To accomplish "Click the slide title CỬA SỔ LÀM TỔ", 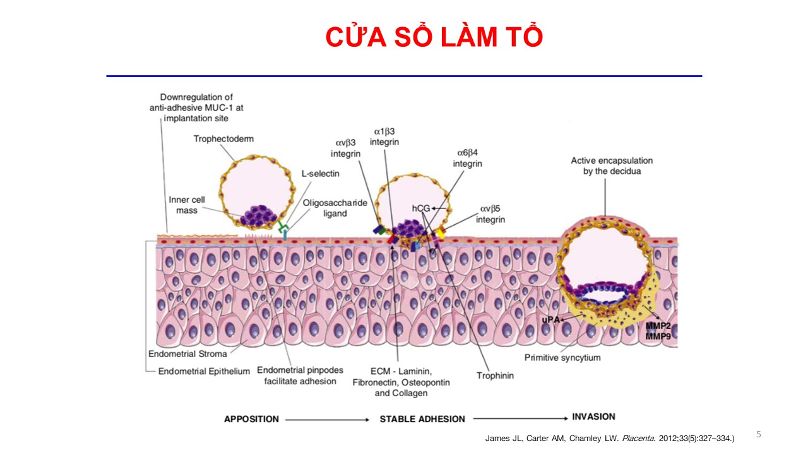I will tap(434, 38).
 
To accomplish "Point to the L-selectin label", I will tap(321, 173).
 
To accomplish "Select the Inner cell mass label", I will tap(186, 205).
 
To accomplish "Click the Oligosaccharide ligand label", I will tap(335, 208).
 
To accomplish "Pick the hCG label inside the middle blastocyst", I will tap(421, 208).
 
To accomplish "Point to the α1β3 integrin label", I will tap(384, 136).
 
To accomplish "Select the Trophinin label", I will tap(495, 375).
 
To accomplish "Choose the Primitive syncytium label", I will tap(562, 358).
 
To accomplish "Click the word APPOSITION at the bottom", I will tap(251, 419).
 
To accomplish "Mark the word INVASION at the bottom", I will tap(593, 417).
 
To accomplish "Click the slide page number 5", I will tap(759, 434).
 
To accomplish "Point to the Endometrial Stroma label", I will tap(187, 354).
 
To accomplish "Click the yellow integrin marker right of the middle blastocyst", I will tap(441, 233).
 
